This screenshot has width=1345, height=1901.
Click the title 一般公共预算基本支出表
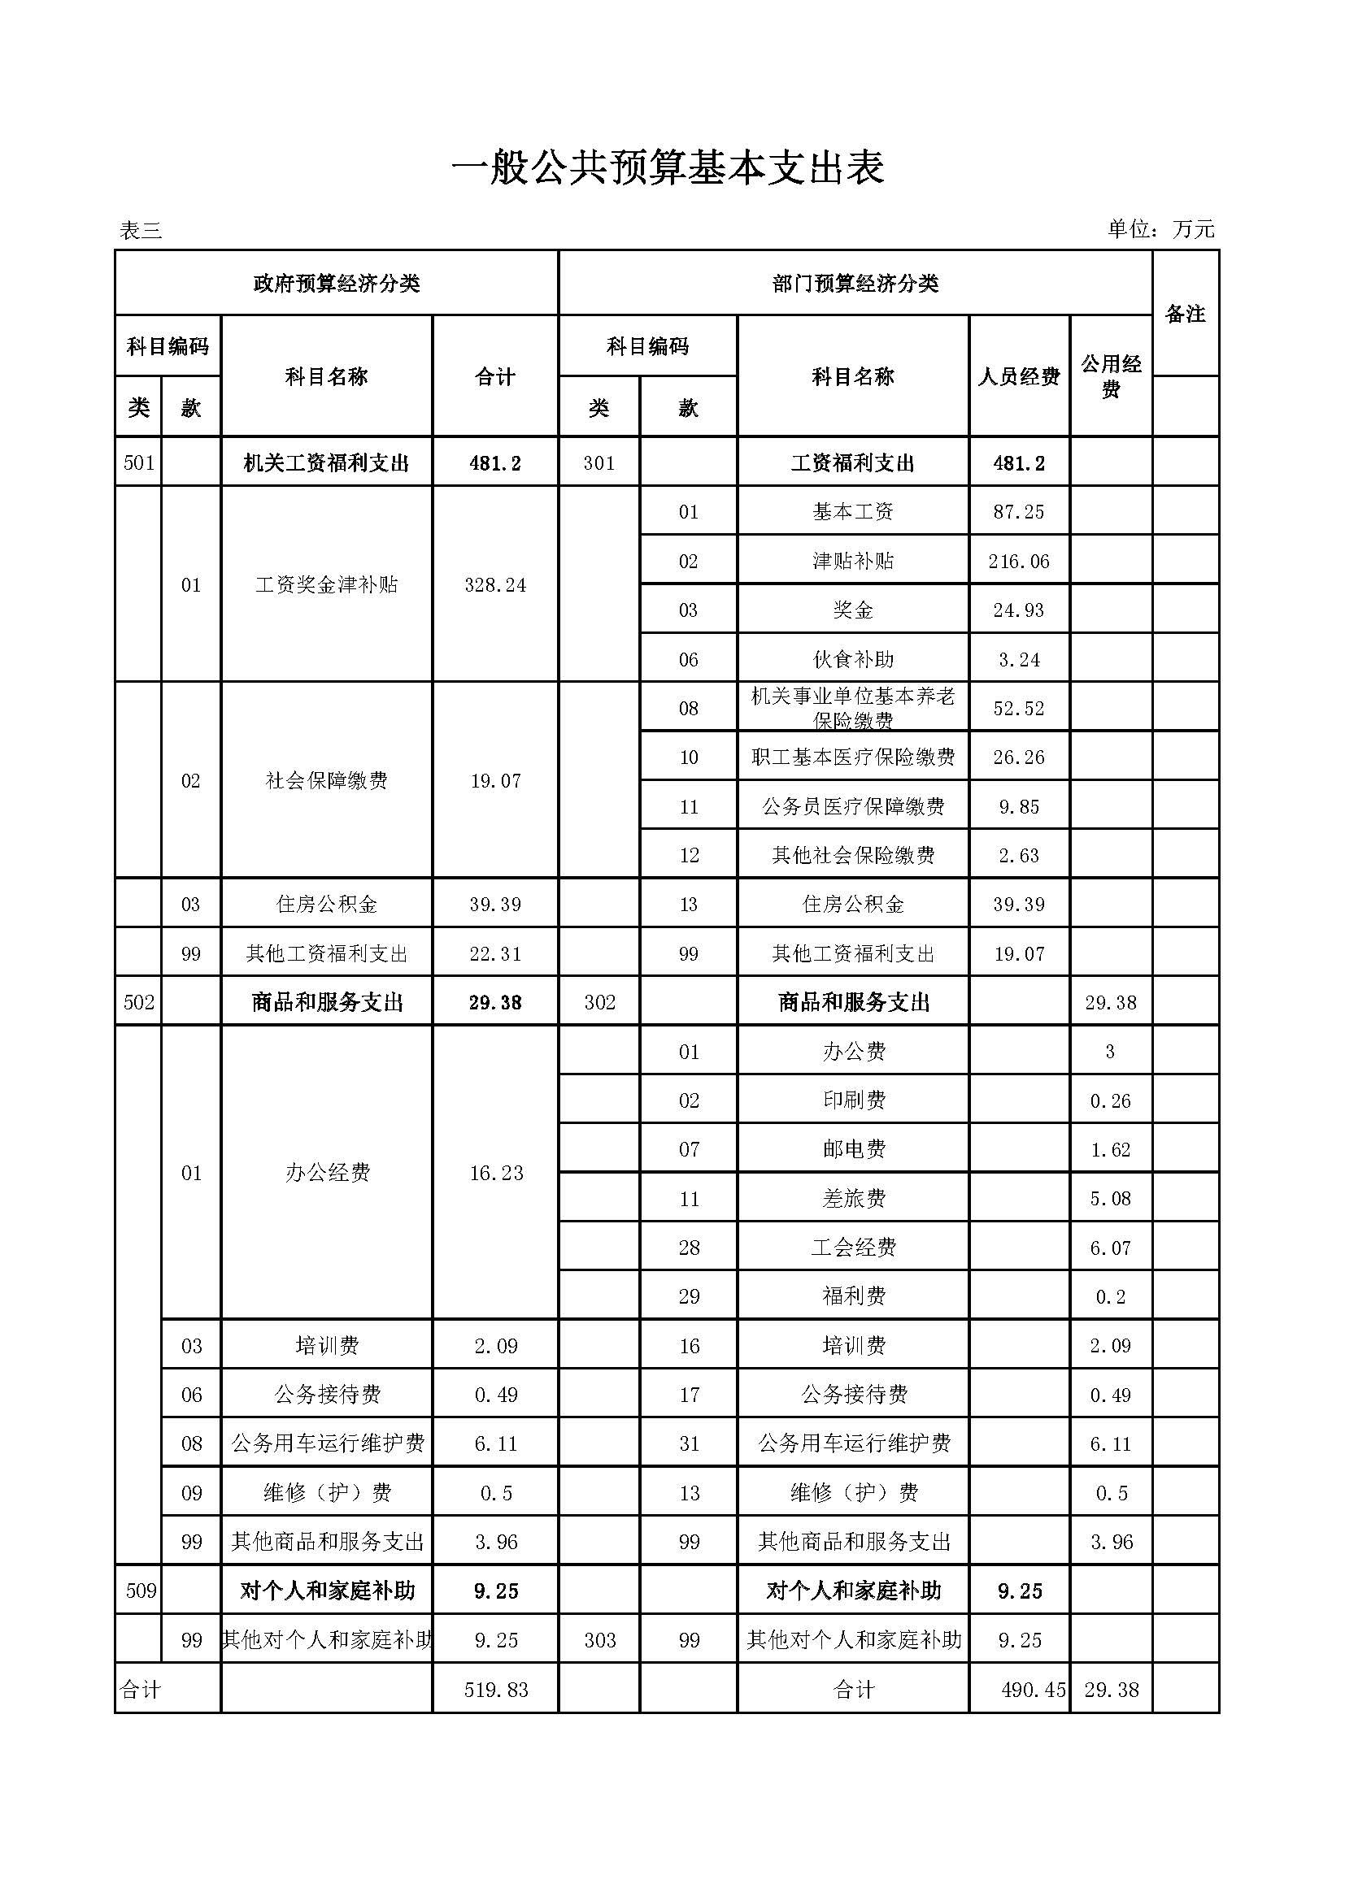point(668,168)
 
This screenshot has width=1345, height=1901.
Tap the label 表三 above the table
point(141,230)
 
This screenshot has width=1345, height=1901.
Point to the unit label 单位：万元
point(1160,228)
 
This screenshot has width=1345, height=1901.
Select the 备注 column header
point(1185,314)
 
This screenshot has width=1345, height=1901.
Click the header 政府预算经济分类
point(337,283)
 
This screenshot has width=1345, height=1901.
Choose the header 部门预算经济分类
point(855,283)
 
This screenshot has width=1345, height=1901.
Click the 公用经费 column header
point(1111,376)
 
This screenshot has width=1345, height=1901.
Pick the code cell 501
point(139,462)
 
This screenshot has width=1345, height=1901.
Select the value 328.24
point(495,585)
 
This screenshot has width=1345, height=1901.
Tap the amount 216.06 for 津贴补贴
point(1019,562)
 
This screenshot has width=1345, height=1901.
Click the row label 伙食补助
point(853,660)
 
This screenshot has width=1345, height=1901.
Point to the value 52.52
point(1019,709)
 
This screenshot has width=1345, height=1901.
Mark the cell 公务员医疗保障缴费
point(853,806)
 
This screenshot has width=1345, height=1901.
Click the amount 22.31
point(495,954)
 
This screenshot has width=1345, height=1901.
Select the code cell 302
point(599,1003)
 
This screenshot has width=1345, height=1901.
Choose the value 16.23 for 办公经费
point(496,1174)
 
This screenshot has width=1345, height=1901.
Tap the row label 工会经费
point(853,1248)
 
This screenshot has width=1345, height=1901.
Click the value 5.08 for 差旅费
point(1110,1198)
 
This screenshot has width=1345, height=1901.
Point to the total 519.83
point(496,1690)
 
